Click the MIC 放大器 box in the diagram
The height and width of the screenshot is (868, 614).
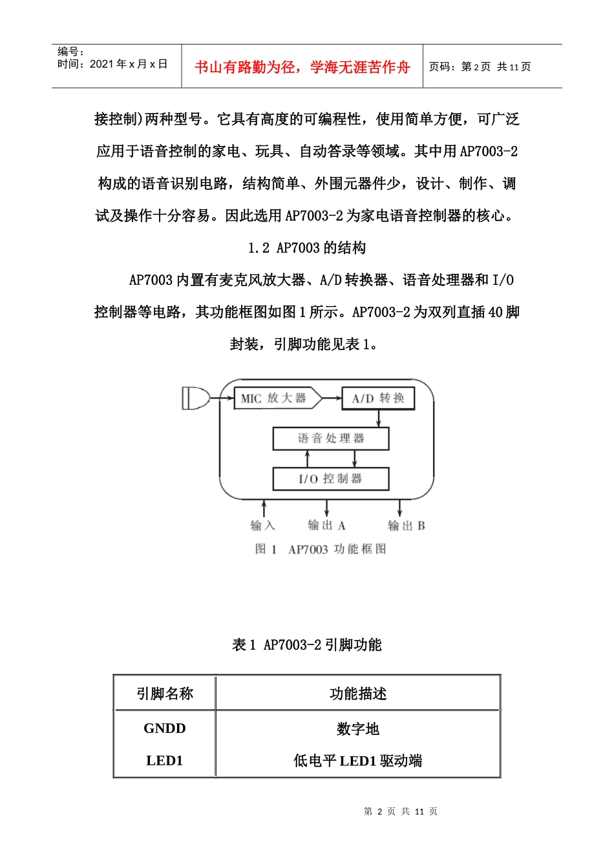click(x=275, y=398)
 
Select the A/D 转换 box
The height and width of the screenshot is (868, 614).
click(x=378, y=398)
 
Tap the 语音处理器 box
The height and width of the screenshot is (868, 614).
click(x=331, y=439)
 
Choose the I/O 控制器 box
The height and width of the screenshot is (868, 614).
click(x=331, y=479)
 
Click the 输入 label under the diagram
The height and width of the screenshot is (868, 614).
click(x=262, y=526)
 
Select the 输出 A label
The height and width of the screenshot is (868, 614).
click(x=326, y=526)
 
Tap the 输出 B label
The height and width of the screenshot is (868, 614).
click(x=406, y=526)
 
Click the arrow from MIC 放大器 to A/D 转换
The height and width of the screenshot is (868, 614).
click(x=332, y=398)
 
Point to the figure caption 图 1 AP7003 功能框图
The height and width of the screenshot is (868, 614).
click(x=321, y=549)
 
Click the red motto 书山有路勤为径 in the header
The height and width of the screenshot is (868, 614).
click(x=302, y=67)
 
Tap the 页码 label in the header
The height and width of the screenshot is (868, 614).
click(x=443, y=67)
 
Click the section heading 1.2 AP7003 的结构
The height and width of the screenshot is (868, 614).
click(x=307, y=248)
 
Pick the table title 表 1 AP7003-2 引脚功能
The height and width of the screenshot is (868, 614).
click(x=307, y=645)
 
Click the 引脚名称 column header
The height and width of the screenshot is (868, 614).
click(x=165, y=694)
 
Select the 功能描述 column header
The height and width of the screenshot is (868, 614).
click(x=358, y=694)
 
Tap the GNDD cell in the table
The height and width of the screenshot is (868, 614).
click(x=165, y=728)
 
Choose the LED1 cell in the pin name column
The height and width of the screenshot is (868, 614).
click(x=165, y=761)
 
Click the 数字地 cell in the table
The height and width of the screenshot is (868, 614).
click(x=358, y=729)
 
